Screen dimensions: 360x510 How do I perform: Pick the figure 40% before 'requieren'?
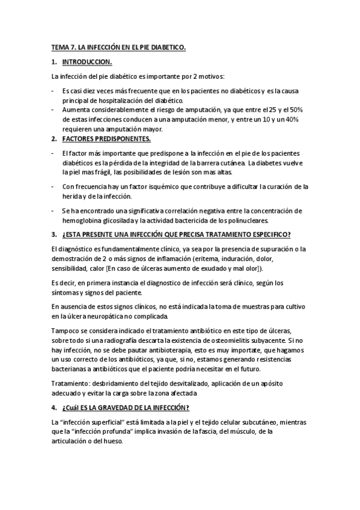[x=291, y=120]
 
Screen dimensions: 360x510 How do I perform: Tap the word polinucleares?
[x=254, y=221]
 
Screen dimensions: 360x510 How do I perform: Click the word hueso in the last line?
[x=112, y=440]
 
